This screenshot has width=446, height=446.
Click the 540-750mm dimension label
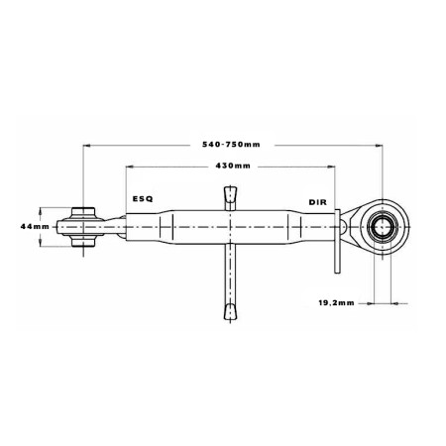click(x=231, y=145)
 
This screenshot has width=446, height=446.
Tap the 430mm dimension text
click(x=233, y=166)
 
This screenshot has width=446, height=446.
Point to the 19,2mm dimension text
click(x=336, y=302)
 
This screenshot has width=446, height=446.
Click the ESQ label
click(x=143, y=199)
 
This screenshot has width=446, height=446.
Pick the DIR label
click(x=317, y=202)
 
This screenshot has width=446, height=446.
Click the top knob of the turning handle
click(x=230, y=194)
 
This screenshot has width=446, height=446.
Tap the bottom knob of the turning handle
click(x=230, y=311)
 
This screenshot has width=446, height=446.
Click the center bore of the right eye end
click(x=383, y=227)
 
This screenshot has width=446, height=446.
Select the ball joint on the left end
click(x=83, y=227)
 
